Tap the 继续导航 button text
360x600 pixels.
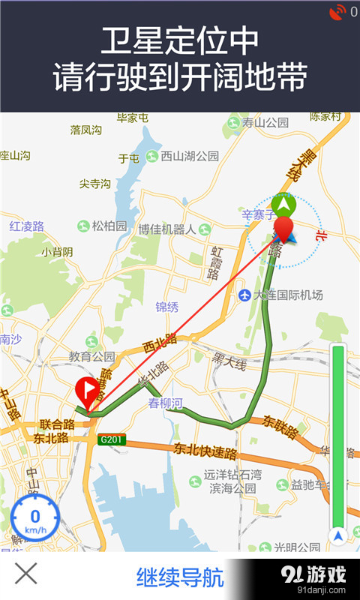point(180,577)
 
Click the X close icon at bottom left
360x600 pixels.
point(26,574)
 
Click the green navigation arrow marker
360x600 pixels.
point(283,203)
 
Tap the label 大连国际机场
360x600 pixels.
point(281,295)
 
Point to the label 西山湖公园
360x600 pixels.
point(184,156)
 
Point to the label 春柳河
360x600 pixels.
point(165,403)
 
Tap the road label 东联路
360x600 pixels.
point(280,427)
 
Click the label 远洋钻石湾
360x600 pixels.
point(233,475)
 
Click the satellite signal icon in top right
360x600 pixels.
point(337,12)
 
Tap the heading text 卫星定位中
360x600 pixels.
point(180,39)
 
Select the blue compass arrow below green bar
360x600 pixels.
point(338,536)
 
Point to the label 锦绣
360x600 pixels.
point(167,307)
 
